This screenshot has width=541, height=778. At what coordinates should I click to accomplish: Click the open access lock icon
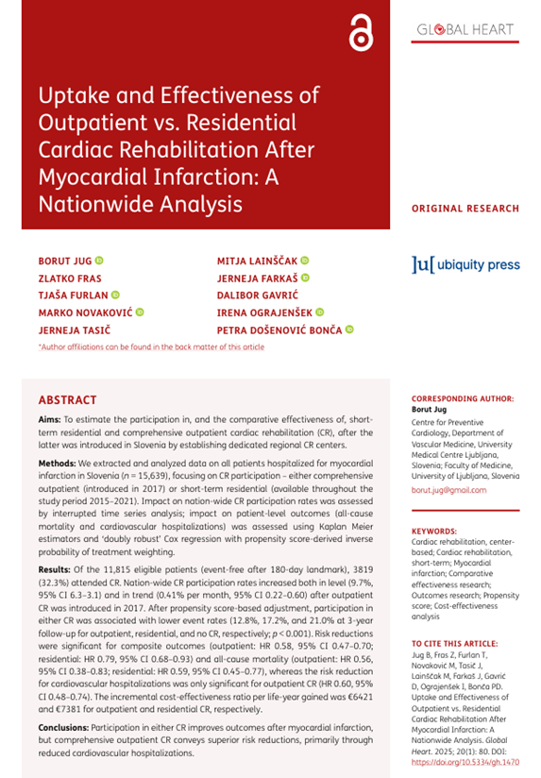click(359, 34)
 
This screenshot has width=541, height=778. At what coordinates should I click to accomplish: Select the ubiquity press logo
click(465, 264)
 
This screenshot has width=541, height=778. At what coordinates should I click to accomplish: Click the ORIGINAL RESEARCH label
click(465, 209)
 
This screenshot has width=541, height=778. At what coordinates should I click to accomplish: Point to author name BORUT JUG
click(63, 260)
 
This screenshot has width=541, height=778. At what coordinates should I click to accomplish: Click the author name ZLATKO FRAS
click(66, 278)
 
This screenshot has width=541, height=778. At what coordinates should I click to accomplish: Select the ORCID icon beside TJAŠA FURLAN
click(115, 295)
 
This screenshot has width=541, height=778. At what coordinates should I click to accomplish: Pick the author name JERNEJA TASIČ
click(69, 330)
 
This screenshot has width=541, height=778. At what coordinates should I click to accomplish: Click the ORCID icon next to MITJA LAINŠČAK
click(305, 260)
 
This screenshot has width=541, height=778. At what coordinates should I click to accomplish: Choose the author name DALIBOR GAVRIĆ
click(256, 295)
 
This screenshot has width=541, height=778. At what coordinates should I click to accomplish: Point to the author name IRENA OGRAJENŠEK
click(263, 313)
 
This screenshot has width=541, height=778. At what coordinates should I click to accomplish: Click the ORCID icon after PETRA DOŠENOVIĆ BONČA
click(349, 330)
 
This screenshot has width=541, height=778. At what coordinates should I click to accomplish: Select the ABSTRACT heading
click(67, 400)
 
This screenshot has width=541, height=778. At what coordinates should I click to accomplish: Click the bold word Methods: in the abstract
click(58, 465)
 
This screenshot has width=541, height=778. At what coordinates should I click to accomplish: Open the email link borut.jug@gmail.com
click(448, 491)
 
